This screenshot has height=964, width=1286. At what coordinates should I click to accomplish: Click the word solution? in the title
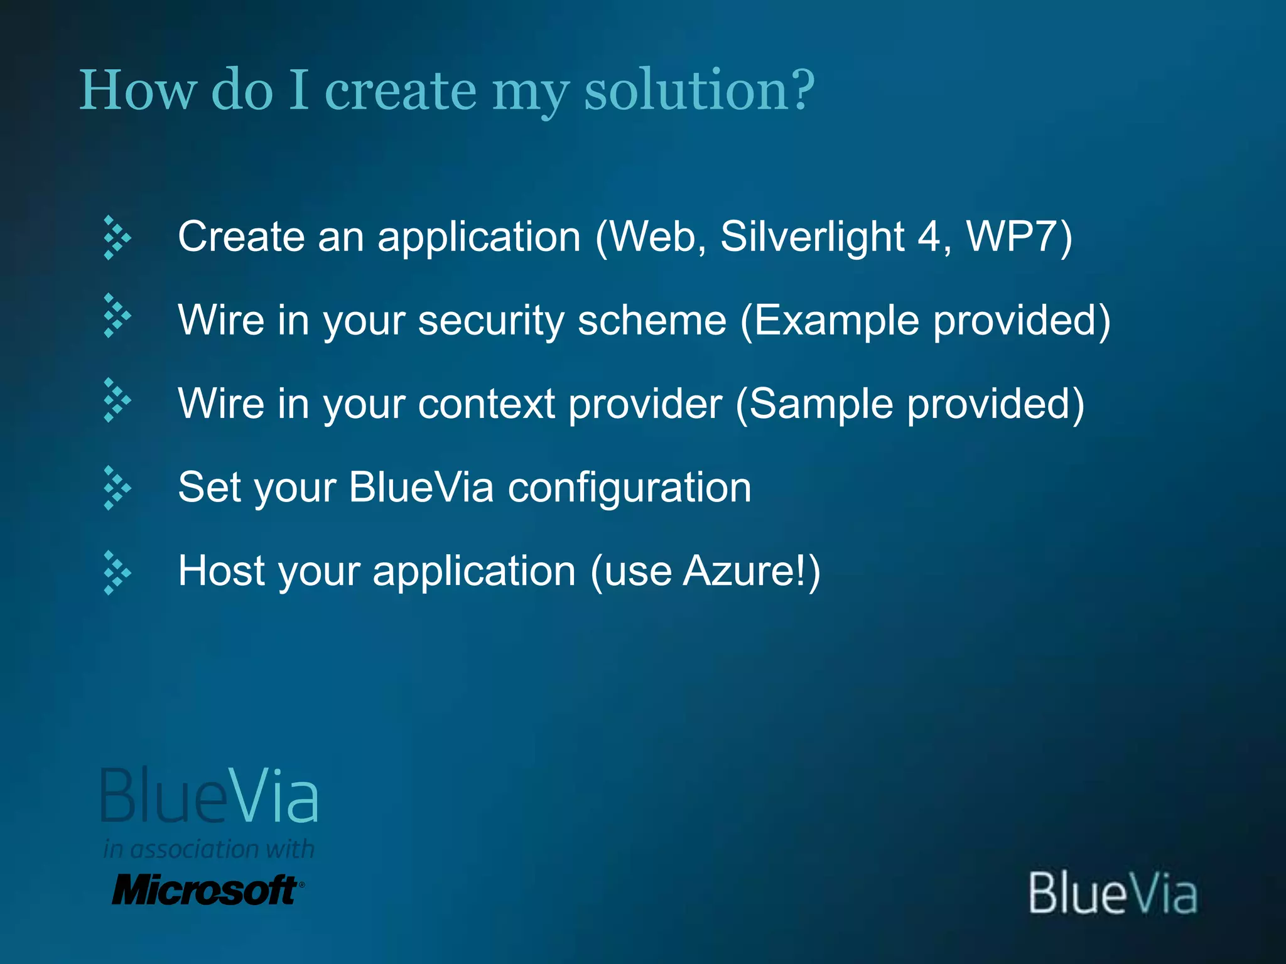(x=699, y=91)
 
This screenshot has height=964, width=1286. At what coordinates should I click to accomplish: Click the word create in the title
(x=401, y=91)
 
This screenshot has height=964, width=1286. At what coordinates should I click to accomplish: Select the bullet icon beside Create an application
(x=116, y=238)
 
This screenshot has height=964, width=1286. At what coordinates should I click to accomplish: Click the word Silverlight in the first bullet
(x=812, y=238)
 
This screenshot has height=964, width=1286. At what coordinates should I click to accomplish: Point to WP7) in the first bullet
(x=1019, y=238)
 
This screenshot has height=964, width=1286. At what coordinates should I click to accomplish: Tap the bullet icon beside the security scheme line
(x=116, y=316)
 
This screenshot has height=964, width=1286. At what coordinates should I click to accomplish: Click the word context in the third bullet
(x=487, y=404)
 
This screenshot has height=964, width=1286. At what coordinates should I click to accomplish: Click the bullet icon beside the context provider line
(x=116, y=400)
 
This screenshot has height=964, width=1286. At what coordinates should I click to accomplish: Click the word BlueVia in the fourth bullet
(x=421, y=487)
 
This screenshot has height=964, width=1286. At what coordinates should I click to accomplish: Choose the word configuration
(x=629, y=488)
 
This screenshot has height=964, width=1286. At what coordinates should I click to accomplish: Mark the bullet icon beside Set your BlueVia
(x=116, y=488)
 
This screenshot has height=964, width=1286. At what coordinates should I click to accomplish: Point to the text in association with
(x=208, y=849)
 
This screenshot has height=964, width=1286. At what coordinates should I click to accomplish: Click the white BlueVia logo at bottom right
(x=1113, y=893)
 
